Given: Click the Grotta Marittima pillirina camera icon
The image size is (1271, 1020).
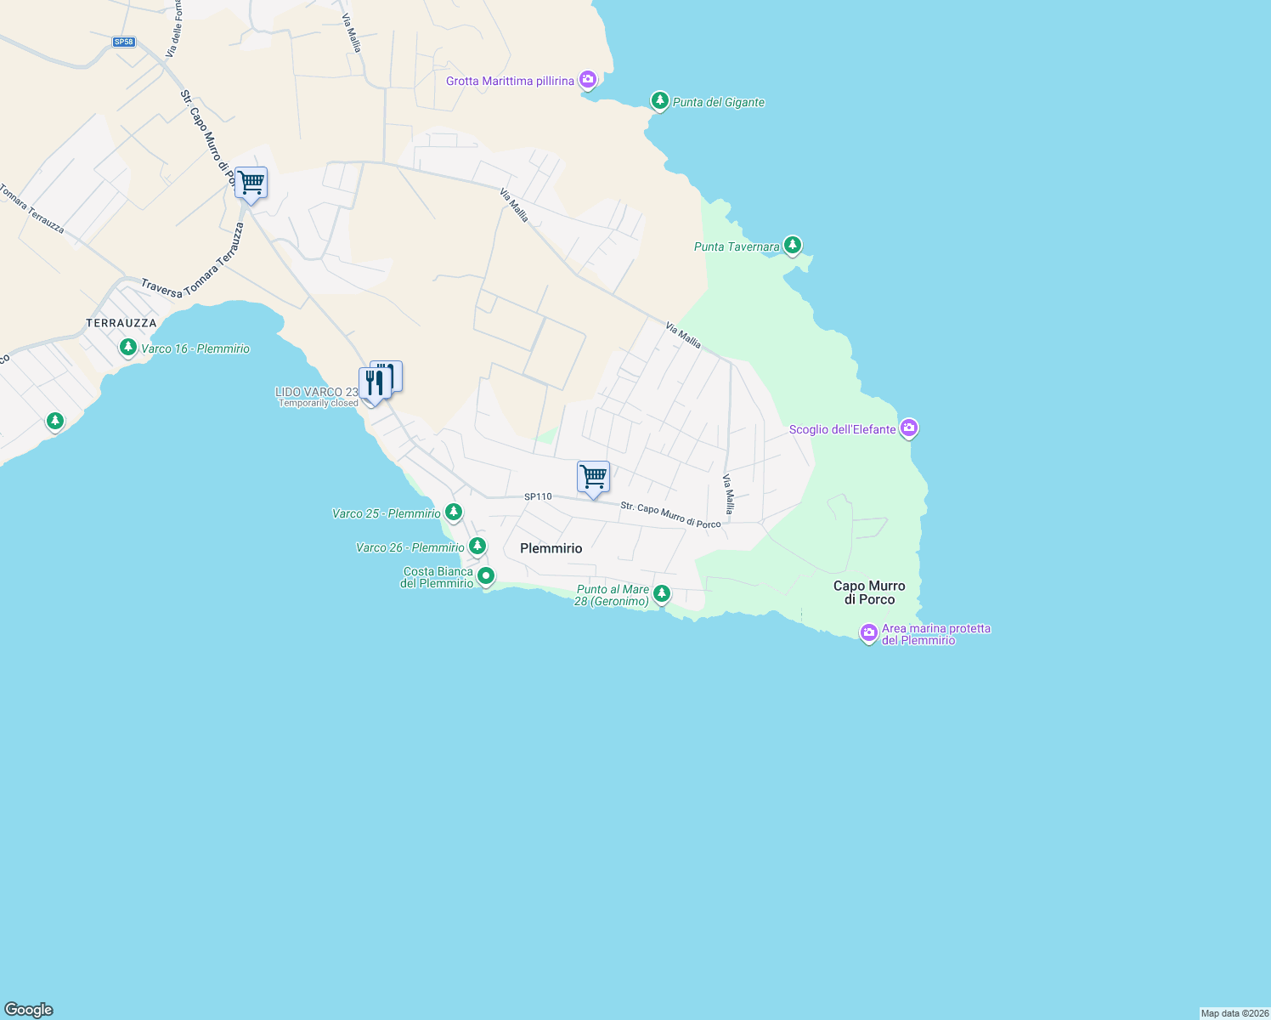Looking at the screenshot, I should pos(587,80).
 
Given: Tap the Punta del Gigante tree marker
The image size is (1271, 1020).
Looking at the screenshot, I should pos(659,100).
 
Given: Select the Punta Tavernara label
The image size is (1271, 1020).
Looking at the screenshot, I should pos(737,247).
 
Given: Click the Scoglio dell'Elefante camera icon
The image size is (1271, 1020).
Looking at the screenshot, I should pos(909,428).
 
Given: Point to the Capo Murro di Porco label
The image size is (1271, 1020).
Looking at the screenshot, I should pos(869,592).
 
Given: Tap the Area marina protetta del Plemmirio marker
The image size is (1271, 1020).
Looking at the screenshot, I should pos(868,632).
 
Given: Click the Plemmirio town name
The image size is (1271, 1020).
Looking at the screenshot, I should pos(551,548).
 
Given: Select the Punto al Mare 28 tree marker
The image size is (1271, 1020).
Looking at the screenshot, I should pos(662,593).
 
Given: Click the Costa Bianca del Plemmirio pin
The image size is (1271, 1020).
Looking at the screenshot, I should pos(486,576).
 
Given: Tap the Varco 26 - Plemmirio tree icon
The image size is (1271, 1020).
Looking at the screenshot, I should pos(477,546).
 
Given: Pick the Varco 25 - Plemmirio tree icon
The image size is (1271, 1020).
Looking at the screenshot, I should pos(454,512).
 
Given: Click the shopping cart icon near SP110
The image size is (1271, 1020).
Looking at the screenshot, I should pos(593,477).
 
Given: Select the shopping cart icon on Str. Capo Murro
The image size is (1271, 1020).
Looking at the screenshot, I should pos(251,183).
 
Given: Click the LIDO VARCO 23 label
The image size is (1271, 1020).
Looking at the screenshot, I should pos(317,392).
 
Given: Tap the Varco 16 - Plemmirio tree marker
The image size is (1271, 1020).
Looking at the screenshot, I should pos(128,347).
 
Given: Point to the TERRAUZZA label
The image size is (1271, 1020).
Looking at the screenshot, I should pos(121,323).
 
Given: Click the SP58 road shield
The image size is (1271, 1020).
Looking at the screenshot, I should pos(123,42).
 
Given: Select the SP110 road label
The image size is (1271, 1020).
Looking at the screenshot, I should pos(538,496).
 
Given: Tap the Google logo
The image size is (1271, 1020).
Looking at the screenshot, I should pos(29,1010).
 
